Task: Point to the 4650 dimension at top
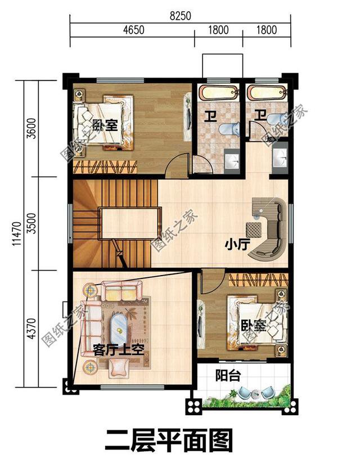[132, 30]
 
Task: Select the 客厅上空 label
[119, 348]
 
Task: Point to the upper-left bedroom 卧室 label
[105, 125]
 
